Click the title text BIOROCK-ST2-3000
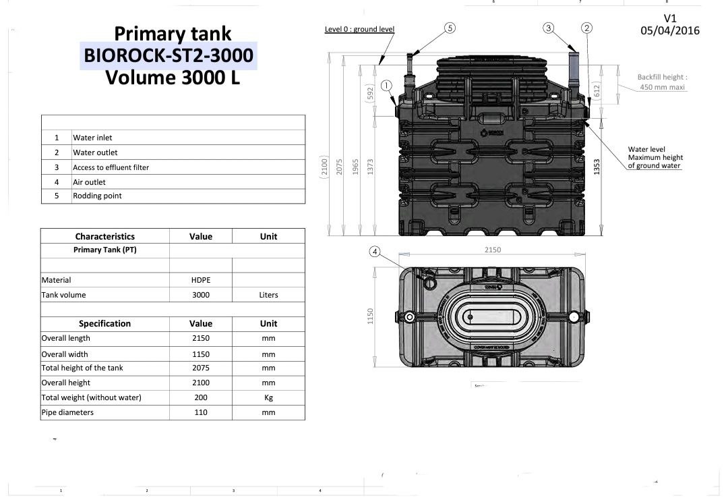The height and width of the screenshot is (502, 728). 169,55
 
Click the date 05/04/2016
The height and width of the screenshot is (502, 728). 670,30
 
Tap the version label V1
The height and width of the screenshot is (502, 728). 669,18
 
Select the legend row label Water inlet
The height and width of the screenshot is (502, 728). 92,138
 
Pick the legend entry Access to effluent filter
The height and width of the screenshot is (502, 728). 111,167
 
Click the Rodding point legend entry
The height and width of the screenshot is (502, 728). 97,196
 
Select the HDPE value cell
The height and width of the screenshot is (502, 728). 200,280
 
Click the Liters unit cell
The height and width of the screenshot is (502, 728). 268,295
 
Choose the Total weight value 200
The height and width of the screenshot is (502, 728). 200,397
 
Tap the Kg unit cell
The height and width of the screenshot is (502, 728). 268,397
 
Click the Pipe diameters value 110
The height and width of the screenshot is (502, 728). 200,412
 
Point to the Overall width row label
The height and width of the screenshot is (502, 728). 65,354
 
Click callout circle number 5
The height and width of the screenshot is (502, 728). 450,28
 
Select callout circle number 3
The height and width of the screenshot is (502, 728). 549,28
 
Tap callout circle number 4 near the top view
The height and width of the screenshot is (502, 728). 375,252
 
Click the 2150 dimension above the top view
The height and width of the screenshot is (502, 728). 493,250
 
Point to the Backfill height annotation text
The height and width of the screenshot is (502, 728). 662,82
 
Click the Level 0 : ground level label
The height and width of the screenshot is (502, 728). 359,30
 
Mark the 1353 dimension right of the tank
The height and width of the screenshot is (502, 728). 597,167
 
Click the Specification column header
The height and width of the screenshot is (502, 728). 104,324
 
